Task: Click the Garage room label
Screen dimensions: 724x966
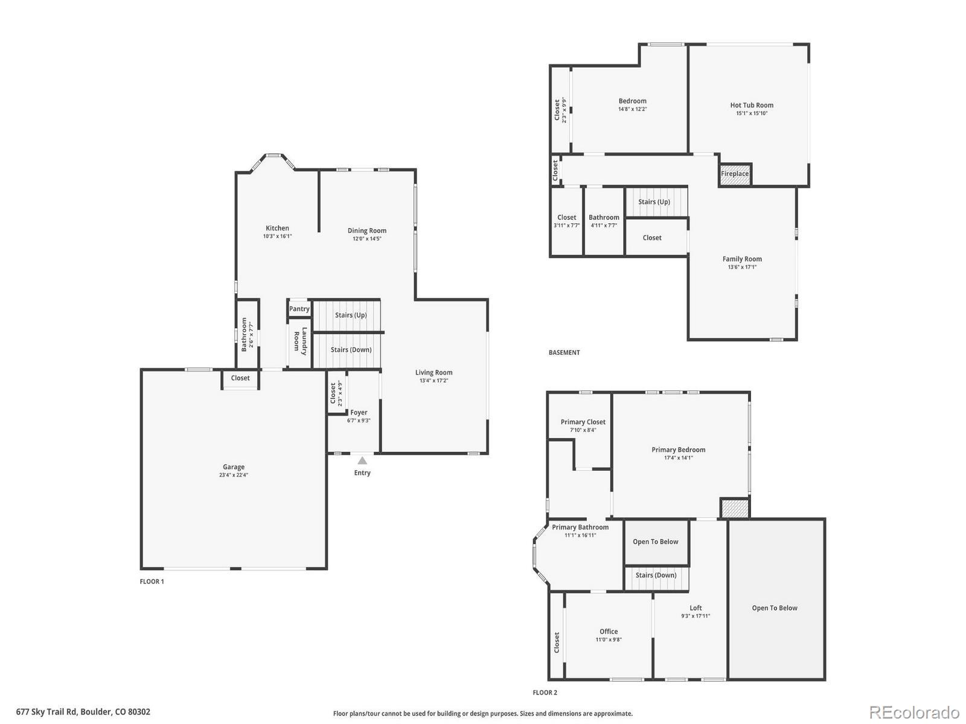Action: (x=234, y=467)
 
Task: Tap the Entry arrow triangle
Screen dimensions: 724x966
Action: (x=362, y=461)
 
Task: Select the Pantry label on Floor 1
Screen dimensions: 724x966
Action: (x=299, y=309)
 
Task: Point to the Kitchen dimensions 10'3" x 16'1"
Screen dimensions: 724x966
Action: (x=277, y=237)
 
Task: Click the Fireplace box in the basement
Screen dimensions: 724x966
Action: (x=735, y=174)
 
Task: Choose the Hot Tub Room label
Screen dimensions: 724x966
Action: (x=752, y=105)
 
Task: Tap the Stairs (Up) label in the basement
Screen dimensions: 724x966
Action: (x=654, y=202)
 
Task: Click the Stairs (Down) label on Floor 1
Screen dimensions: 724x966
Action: (x=351, y=350)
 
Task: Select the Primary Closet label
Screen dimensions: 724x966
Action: (x=583, y=422)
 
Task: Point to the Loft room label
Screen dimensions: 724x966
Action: (x=696, y=608)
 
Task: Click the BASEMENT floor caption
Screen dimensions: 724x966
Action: (x=564, y=352)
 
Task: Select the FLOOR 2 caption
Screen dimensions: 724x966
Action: (x=545, y=693)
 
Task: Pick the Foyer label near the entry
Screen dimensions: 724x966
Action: (x=359, y=413)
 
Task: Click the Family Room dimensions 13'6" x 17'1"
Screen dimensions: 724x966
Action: (x=742, y=267)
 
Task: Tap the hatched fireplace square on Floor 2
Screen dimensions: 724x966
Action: (x=735, y=509)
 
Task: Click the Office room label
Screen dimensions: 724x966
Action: (x=609, y=632)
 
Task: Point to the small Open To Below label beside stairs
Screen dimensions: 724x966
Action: (x=655, y=542)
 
